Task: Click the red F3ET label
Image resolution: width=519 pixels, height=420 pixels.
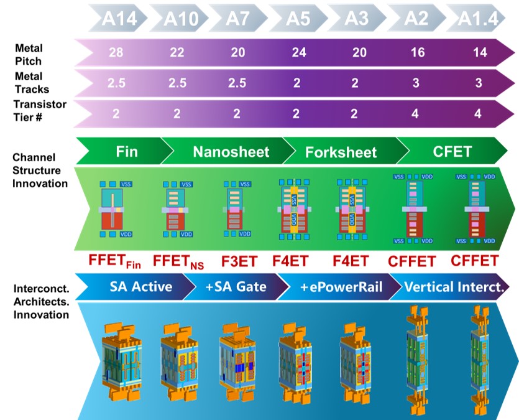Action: click(x=240, y=260)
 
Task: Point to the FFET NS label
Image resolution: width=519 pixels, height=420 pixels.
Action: click(x=178, y=261)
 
